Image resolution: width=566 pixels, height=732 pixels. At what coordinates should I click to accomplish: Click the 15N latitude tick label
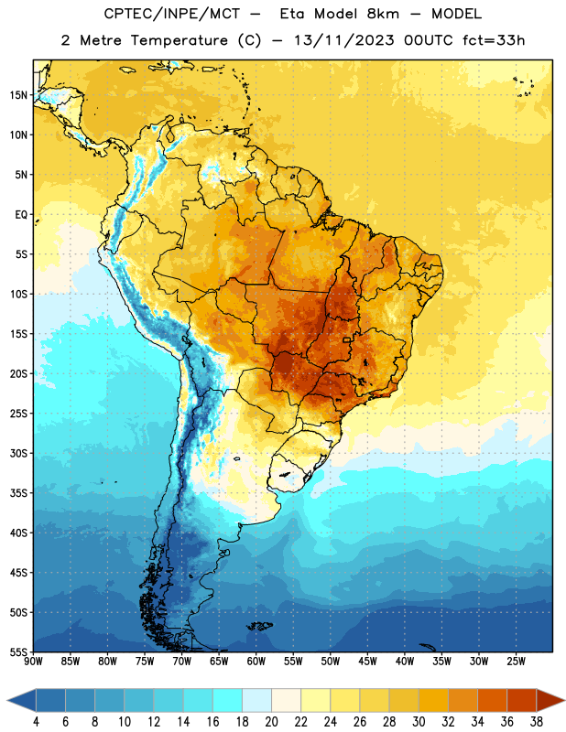pyautogui.click(x=18, y=95)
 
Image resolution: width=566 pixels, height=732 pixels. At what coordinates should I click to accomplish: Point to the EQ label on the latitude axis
pyautogui.click(x=21, y=215)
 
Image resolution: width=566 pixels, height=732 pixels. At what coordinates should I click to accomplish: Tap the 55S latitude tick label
pyautogui.click(x=18, y=651)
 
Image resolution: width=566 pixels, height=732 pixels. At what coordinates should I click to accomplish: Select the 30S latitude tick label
pyautogui.click(x=18, y=453)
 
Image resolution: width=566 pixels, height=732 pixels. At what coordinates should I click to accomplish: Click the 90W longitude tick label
pyautogui.click(x=33, y=661)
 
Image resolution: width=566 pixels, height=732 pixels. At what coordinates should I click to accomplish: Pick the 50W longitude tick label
pyautogui.click(x=331, y=661)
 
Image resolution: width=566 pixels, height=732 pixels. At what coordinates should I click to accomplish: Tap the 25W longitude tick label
pyautogui.click(x=516, y=661)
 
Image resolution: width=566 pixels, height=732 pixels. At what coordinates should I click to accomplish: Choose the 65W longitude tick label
pyautogui.click(x=219, y=661)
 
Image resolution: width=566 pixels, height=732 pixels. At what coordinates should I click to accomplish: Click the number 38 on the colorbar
pyautogui.click(x=536, y=722)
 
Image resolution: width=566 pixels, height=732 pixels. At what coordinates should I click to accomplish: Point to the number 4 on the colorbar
pyautogui.click(x=36, y=722)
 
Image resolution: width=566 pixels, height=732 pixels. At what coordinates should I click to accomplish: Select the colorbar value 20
pyautogui.click(x=271, y=722)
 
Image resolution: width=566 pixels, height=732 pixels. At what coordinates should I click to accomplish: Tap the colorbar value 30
pyautogui.click(x=419, y=722)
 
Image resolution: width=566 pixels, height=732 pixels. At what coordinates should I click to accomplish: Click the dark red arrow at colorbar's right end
pyautogui.click(x=550, y=700)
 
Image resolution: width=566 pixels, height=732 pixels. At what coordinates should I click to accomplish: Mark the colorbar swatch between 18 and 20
pyautogui.click(x=256, y=700)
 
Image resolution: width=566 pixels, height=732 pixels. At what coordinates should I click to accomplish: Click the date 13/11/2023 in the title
pyautogui.click(x=344, y=40)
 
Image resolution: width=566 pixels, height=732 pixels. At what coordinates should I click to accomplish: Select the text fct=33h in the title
pyautogui.click(x=494, y=40)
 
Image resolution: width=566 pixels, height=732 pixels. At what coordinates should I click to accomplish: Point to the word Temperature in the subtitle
pyautogui.click(x=179, y=40)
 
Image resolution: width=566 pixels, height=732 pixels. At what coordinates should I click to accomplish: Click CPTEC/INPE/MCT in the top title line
pyautogui.click(x=171, y=14)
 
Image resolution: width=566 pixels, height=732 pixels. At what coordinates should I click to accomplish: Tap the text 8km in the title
pyautogui.click(x=383, y=14)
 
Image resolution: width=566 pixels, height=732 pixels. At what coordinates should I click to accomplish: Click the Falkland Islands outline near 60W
pyautogui.click(x=259, y=626)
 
